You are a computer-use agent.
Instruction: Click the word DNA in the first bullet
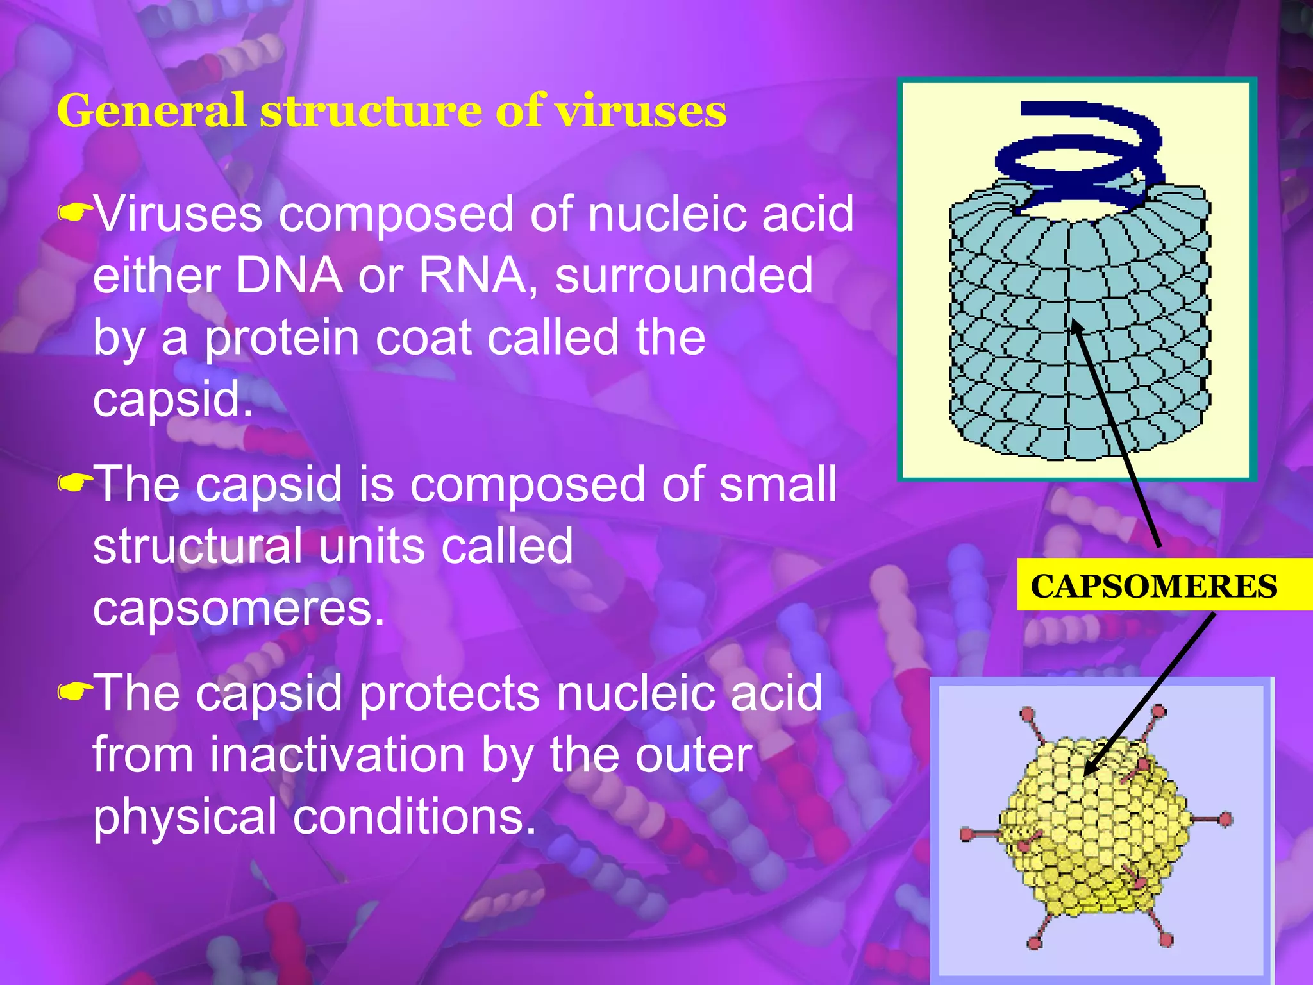(289, 276)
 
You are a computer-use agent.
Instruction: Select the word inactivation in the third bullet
(337, 755)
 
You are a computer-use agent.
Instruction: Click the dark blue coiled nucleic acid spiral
(1083, 154)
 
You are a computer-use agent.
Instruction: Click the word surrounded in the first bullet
(684, 276)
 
